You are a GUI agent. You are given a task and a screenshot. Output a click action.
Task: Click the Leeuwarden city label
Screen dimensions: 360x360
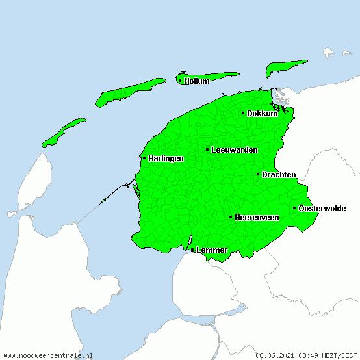point(235,150)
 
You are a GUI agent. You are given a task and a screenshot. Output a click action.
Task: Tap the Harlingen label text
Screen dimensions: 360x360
point(166,159)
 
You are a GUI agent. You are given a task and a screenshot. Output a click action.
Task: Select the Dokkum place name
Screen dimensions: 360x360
point(263,114)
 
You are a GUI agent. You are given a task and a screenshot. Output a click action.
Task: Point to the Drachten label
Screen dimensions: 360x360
point(279,175)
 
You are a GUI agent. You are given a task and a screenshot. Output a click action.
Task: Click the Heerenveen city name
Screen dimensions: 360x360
point(257,218)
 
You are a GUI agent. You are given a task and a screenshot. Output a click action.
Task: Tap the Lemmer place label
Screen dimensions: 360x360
point(212,250)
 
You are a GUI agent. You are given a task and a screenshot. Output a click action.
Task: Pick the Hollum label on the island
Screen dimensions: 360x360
point(197,81)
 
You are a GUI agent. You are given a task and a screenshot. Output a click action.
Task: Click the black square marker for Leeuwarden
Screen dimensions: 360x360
point(207,149)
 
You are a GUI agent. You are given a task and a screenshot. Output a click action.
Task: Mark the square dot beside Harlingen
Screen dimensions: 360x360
point(144,158)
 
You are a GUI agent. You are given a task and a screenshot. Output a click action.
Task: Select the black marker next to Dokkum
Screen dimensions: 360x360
point(243,113)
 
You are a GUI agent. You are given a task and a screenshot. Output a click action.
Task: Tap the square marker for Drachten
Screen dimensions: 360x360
point(258,174)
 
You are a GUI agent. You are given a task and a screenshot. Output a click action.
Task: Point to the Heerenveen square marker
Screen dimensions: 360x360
point(231,217)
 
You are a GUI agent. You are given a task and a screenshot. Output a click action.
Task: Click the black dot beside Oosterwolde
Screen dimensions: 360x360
point(294,208)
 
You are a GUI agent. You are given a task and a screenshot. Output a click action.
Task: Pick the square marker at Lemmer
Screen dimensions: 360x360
point(192,250)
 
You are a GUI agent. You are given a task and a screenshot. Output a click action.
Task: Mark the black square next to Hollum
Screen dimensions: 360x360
point(180,81)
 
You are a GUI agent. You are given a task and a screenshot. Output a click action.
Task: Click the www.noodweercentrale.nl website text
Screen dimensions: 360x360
point(48,355)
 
